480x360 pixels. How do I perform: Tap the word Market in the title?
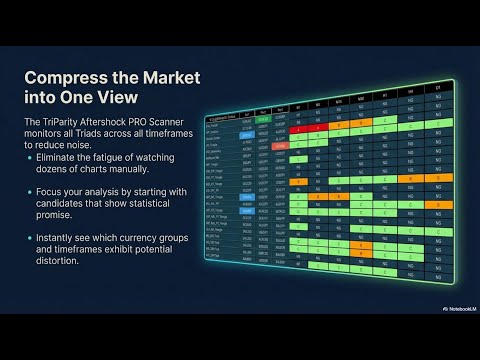(x=165, y=77)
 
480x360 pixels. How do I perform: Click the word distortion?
(x=59, y=261)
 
